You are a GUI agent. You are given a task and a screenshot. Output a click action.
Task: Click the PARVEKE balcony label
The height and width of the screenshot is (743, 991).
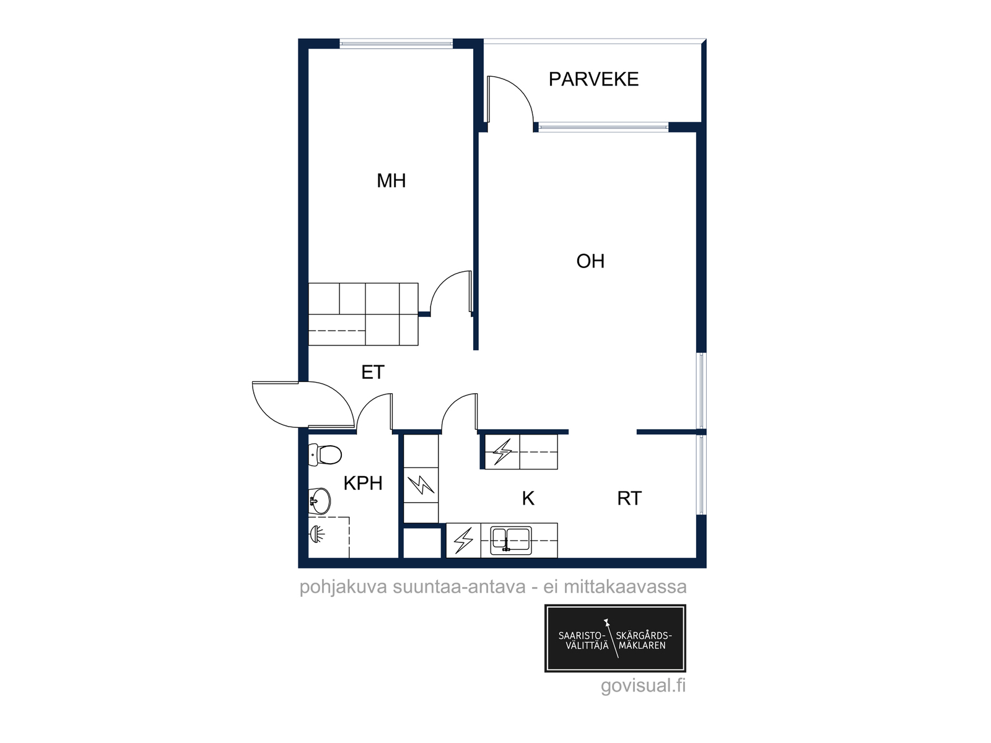pos(593,79)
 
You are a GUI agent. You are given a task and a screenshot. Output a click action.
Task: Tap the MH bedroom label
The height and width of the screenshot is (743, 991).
pos(391,181)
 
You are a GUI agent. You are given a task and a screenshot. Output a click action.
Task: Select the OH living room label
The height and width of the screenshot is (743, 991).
pos(590,261)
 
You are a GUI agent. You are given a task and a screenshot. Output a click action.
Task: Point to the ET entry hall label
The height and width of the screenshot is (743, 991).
pos(373,372)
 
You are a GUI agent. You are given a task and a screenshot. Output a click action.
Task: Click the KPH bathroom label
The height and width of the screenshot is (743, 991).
pos(363,483)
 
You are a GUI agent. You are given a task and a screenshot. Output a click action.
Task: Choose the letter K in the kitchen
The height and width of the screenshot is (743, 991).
pos(528,498)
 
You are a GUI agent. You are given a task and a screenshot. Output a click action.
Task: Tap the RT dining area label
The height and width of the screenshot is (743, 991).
pos(629,498)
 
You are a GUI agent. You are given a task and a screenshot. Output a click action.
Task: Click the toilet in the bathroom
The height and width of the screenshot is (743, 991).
pos(325,454)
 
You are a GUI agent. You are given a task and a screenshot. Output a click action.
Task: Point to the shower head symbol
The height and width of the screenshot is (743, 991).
pos(317,534)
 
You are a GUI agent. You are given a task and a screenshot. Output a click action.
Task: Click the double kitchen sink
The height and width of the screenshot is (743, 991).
pos(511,539)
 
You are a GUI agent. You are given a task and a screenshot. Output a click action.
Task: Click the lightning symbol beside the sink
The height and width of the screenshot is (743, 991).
pos(463,540)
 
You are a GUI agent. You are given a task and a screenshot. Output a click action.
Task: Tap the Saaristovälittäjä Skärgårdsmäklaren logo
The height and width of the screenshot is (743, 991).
pos(615,638)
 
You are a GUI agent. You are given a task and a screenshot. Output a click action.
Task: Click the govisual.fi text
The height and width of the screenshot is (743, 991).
pos(643,685)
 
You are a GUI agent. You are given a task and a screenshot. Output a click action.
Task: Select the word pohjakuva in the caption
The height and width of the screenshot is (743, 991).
pos(343,587)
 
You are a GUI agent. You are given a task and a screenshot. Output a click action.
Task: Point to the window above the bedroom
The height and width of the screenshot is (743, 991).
pos(396,44)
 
